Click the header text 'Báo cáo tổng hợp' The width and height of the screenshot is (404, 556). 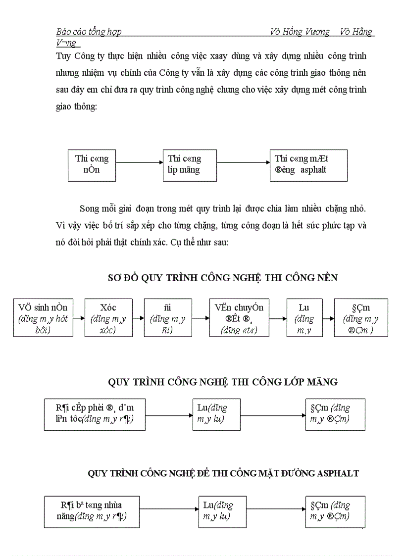pyautogui.click(x=89, y=32)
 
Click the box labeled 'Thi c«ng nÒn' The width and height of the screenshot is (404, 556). pyautogui.click(x=92, y=165)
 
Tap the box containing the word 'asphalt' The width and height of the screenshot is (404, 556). pyautogui.click(x=308, y=165)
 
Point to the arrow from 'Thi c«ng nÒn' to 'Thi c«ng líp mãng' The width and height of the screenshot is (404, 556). pyautogui.click(x=139, y=162)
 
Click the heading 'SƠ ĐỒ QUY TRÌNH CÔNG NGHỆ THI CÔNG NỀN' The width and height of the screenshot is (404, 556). pyautogui.click(x=223, y=278)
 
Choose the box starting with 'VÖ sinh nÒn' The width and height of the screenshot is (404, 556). pyautogui.click(x=43, y=318)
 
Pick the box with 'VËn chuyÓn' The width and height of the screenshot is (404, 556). pyautogui.click(x=240, y=318)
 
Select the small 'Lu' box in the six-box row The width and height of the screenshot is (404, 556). pyautogui.click(x=304, y=318)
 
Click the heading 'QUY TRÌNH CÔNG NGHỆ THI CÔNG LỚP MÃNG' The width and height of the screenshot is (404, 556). pyautogui.click(x=223, y=382)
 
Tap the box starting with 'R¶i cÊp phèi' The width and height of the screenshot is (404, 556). pyautogui.click(x=95, y=414)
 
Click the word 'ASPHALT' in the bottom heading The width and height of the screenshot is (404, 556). pyautogui.click(x=337, y=473)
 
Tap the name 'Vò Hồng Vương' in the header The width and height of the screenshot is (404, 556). pyautogui.click(x=300, y=32)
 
